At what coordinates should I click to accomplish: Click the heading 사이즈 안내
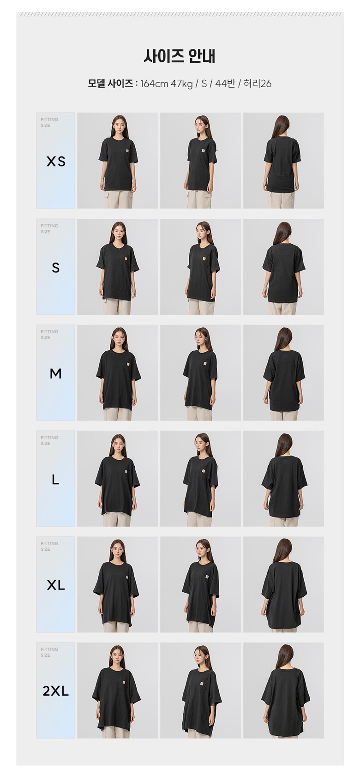pyautogui.click(x=180, y=56)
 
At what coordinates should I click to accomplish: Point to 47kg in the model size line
pyautogui.click(x=181, y=84)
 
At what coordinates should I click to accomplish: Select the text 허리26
pyautogui.click(x=258, y=84)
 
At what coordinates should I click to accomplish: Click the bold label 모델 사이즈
pyautogui.click(x=110, y=84)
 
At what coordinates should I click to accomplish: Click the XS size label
pyautogui.click(x=56, y=162)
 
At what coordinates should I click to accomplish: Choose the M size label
pyautogui.click(x=56, y=374)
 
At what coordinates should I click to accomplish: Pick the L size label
pyautogui.click(x=55, y=480)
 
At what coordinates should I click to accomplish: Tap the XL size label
pyautogui.click(x=56, y=585)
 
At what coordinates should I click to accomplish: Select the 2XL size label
pyautogui.click(x=56, y=691)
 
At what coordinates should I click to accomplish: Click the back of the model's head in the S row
pyautogui.click(x=283, y=231)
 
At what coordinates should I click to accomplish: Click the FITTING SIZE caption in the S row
pyautogui.click(x=49, y=229)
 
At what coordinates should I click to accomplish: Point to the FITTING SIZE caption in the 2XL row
pyautogui.click(x=49, y=652)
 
